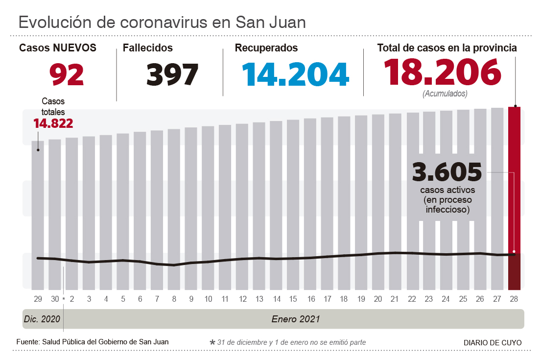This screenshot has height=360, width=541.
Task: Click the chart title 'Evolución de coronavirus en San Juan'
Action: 162,22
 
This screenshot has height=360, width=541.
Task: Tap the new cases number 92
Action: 67,74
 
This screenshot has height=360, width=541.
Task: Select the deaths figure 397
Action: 172,74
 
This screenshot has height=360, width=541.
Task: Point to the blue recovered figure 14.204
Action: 295,74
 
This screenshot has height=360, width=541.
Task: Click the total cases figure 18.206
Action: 442,72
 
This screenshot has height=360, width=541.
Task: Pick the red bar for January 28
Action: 514,196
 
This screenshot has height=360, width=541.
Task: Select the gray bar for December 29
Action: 38,216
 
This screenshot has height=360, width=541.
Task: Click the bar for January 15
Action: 293,206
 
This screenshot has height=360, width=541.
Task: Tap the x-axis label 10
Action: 208,299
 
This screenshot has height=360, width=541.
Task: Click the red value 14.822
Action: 53,123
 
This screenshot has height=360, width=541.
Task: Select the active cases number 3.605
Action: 447,172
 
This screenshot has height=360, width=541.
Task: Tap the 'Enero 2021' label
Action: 296,319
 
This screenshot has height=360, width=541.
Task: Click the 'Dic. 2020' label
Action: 42,319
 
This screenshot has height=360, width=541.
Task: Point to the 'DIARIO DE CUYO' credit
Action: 493,342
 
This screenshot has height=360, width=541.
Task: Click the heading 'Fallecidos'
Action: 148,48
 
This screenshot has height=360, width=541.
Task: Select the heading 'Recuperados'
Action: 266,48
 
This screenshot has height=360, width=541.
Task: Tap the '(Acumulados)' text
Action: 445,93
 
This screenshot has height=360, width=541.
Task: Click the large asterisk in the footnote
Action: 212,342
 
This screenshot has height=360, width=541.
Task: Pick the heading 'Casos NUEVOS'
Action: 58,48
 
